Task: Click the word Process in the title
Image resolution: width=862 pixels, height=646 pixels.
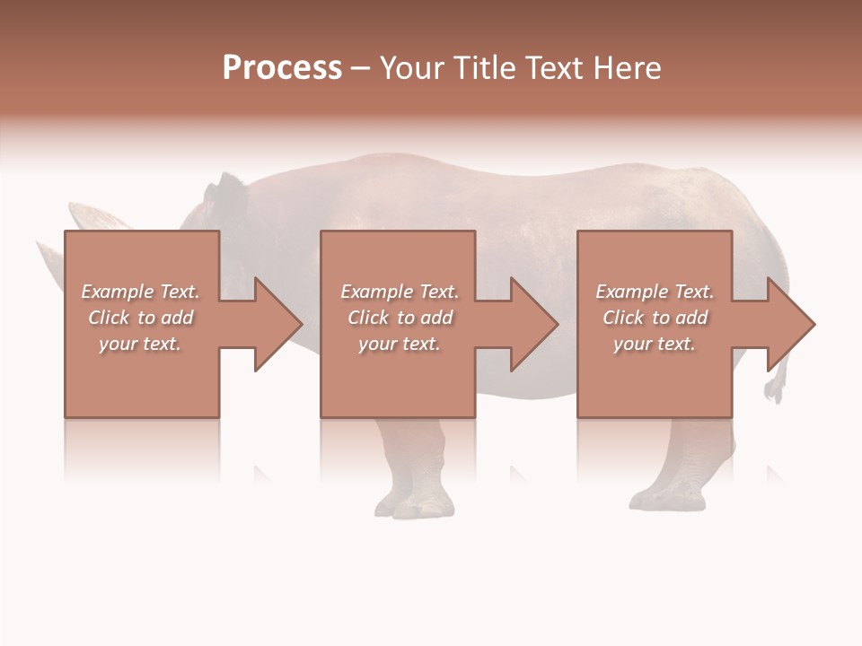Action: click(282, 68)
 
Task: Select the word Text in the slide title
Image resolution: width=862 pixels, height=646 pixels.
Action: click(555, 68)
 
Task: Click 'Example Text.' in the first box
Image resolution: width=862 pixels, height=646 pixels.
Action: click(140, 292)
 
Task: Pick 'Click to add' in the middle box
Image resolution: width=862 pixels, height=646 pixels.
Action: click(400, 318)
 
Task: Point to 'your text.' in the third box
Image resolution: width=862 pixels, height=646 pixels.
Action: click(654, 344)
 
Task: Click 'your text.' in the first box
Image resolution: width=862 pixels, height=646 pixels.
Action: click(140, 344)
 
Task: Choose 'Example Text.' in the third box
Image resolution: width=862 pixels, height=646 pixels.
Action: click(654, 292)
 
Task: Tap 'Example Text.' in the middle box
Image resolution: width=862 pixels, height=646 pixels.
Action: click(400, 292)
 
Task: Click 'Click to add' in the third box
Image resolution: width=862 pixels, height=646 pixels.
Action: click(654, 318)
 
